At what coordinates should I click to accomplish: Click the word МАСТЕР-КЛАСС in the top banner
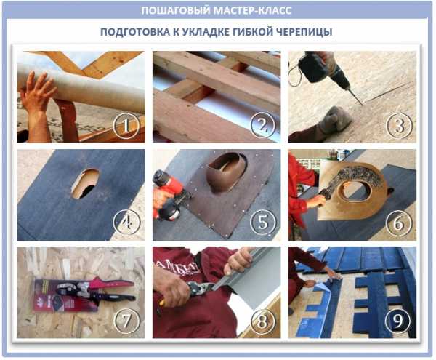click(253, 11)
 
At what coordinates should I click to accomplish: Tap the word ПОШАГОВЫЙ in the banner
click(176, 11)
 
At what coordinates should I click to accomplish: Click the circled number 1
click(126, 126)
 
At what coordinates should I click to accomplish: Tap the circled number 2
click(263, 125)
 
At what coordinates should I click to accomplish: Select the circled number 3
click(400, 126)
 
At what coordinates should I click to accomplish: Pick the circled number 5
click(263, 223)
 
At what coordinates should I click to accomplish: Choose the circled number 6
click(399, 223)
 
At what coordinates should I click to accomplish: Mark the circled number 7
click(126, 321)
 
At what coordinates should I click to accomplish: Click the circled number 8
click(262, 321)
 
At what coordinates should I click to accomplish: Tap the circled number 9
click(398, 321)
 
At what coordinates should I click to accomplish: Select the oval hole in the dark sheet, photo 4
click(86, 183)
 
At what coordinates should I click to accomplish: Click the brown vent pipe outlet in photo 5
click(227, 172)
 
